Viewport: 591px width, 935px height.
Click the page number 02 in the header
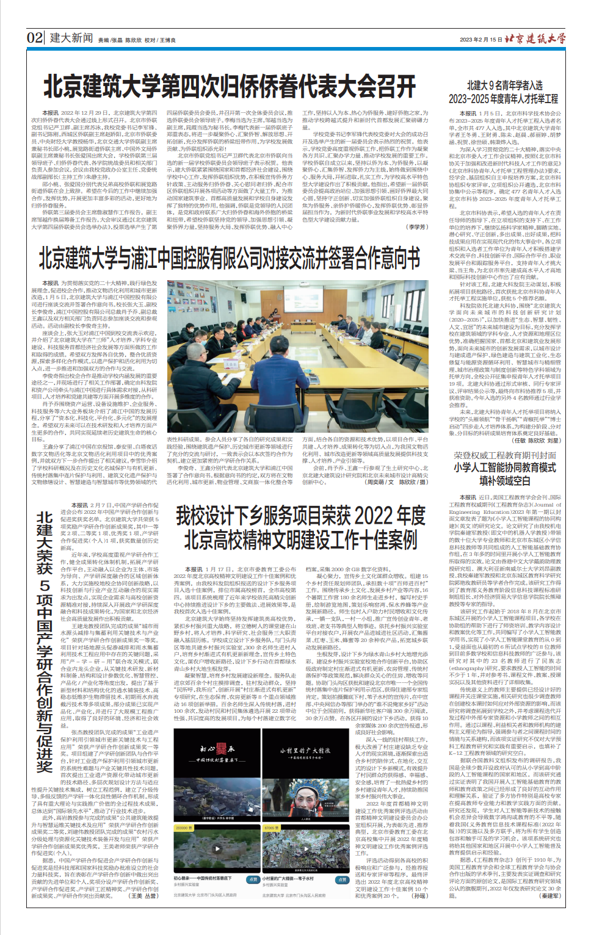pos(35,38)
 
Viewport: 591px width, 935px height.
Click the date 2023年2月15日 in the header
pos(480,40)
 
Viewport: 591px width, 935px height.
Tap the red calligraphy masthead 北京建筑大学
pos(535,38)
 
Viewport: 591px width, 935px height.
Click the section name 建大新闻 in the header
pos(71,38)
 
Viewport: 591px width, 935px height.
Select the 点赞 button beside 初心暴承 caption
pos(253,879)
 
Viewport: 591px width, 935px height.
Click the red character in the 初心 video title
pos(223,749)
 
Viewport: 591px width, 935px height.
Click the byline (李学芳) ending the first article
pos(418,227)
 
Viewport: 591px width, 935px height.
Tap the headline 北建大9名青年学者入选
pos(504,85)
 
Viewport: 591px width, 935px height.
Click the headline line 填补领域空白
pos(504,480)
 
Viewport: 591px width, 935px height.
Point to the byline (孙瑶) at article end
pos(420,896)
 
